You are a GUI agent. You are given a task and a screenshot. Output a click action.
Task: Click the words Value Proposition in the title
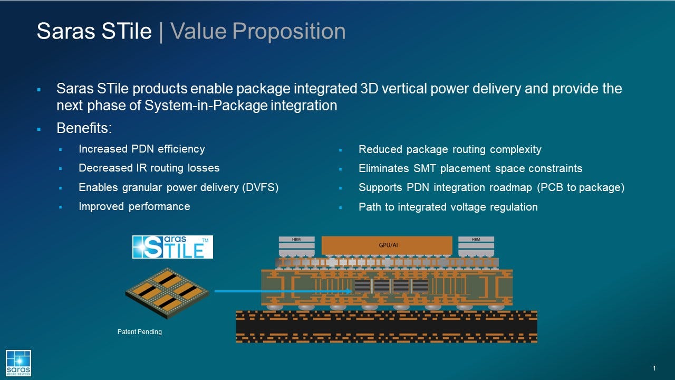(258, 32)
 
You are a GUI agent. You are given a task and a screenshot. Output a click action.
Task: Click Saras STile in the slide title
(94, 32)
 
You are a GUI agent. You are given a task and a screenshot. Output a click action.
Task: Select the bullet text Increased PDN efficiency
(141, 149)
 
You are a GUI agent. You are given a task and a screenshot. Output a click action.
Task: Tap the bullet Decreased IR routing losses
(149, 168)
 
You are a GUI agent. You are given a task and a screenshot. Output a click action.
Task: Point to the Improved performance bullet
(134, 206)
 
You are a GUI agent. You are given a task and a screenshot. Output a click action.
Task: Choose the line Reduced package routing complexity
(449, 150)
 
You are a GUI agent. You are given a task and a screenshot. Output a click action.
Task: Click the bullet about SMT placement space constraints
(470, 169)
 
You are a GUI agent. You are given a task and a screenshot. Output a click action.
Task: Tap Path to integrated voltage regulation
(448, 207)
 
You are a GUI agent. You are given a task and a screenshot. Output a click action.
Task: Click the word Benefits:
(84, 129)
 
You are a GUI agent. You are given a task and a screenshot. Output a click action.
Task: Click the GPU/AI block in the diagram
(387, 245)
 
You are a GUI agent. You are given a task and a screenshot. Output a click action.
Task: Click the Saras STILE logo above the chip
(172, 247)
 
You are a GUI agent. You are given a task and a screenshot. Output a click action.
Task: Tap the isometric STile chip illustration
(167, 292)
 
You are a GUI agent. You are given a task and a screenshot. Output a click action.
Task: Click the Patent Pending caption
(139, 332)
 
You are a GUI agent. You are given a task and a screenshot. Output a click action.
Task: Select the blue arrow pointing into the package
(283, 291)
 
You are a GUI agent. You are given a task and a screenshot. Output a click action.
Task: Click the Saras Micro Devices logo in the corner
(18, 363)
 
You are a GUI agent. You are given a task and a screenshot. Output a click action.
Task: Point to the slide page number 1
(654, 368)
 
